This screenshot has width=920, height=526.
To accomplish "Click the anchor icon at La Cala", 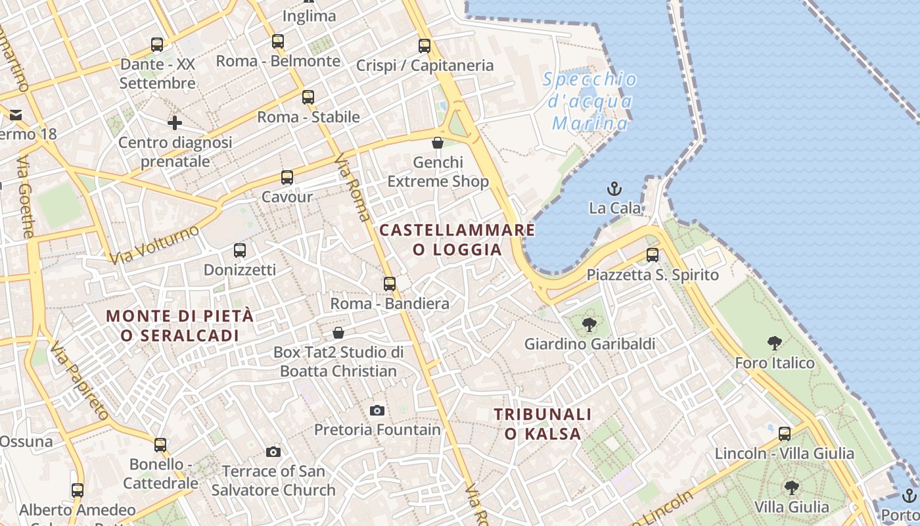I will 614,189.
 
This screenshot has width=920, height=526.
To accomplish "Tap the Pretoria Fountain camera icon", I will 377,410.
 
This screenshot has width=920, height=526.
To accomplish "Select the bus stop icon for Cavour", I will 287,177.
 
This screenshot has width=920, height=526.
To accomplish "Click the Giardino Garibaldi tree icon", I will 589,323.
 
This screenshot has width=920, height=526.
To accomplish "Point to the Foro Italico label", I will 774,363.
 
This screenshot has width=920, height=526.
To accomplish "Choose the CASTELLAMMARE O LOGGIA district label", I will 457,239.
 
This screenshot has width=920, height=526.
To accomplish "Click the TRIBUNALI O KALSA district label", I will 543,424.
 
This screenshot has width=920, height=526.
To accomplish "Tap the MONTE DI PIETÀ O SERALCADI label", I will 179,325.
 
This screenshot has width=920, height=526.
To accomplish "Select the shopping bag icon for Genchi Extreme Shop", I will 438,143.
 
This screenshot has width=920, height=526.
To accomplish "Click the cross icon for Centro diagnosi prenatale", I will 175,123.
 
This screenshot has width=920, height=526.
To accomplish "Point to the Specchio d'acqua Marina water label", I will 590,101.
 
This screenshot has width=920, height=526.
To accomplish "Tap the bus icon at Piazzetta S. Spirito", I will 653,254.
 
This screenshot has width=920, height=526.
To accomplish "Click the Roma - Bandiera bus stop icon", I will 390,283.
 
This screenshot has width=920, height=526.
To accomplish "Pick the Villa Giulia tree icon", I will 792,487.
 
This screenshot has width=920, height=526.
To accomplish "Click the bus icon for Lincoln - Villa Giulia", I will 784,433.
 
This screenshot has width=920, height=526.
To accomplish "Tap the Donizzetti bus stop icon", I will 240,250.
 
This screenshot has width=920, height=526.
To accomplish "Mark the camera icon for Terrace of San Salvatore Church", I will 273,452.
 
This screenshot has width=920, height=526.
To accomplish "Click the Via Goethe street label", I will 26,197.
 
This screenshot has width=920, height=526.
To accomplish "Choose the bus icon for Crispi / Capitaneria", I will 425,45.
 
